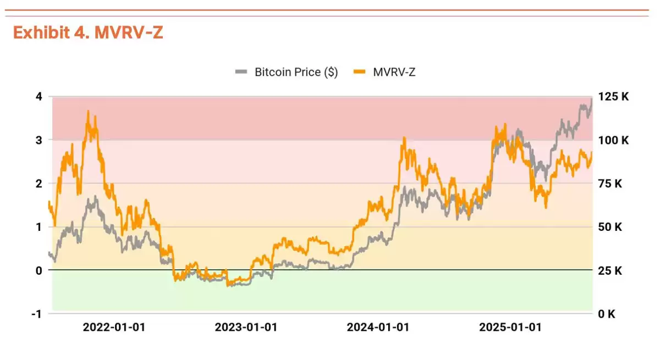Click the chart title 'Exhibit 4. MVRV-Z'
coord(88,33)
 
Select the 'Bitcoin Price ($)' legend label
coord(296,72)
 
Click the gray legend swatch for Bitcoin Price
coord(241,72)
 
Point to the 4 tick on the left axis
coord(38,97)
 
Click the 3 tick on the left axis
coord(38,140)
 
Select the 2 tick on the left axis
coord(38,184)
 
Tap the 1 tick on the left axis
coord(38,227)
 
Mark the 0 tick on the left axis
coord(38,270)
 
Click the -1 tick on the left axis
coord(36,314)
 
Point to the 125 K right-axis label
coord(613,97)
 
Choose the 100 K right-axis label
coord(613,140)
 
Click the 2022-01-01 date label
coord(114,328)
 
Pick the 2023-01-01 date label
coord(246,328)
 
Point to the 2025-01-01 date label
coord(510,328)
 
